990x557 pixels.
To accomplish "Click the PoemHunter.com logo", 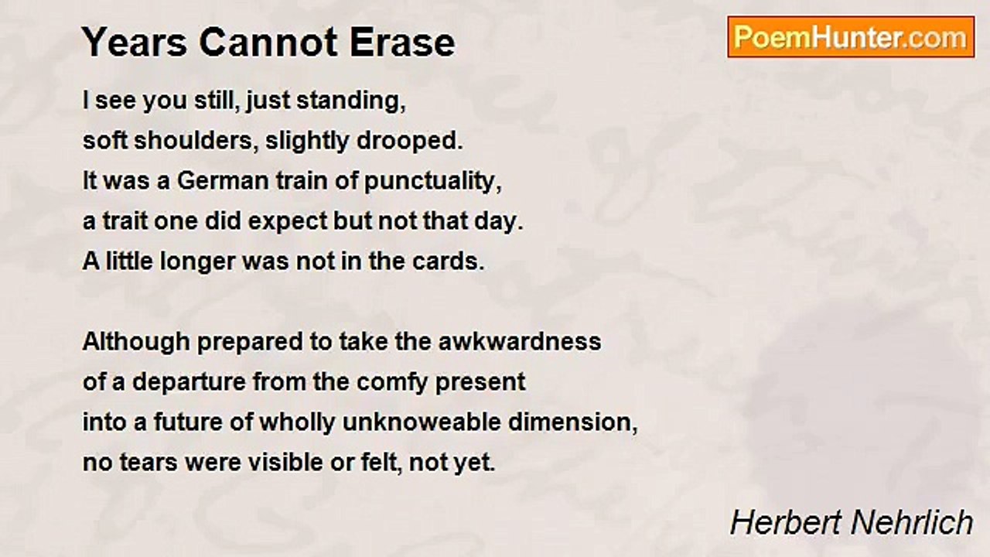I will pos(851,37).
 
